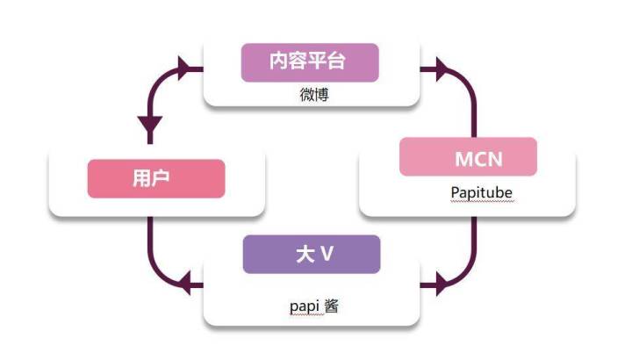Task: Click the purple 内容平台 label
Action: (310, 62)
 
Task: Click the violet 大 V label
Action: (312, 255)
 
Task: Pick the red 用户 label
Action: (156, 179)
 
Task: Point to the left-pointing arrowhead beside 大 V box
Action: (184, 283)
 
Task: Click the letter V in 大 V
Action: (326, 255)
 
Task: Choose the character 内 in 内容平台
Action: (278, 62)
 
